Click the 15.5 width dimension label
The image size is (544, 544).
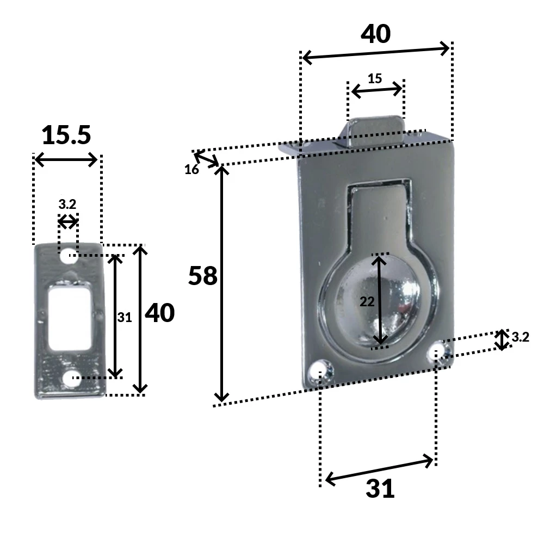[66, 135]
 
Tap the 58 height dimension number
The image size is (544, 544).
[203, 276]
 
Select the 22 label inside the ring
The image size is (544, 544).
[367, 301]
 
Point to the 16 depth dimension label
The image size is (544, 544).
[191, 170]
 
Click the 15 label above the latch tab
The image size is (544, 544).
[375, 78]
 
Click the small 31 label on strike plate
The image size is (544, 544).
[125, 318]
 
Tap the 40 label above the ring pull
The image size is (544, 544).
[376, 34]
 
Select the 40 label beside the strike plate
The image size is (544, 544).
[160, 313]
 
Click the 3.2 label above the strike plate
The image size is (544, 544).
[67, 205]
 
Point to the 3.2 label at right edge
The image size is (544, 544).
[520, 337]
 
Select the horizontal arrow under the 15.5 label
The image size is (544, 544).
[66, 160]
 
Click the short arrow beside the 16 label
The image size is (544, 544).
[207, 159]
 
